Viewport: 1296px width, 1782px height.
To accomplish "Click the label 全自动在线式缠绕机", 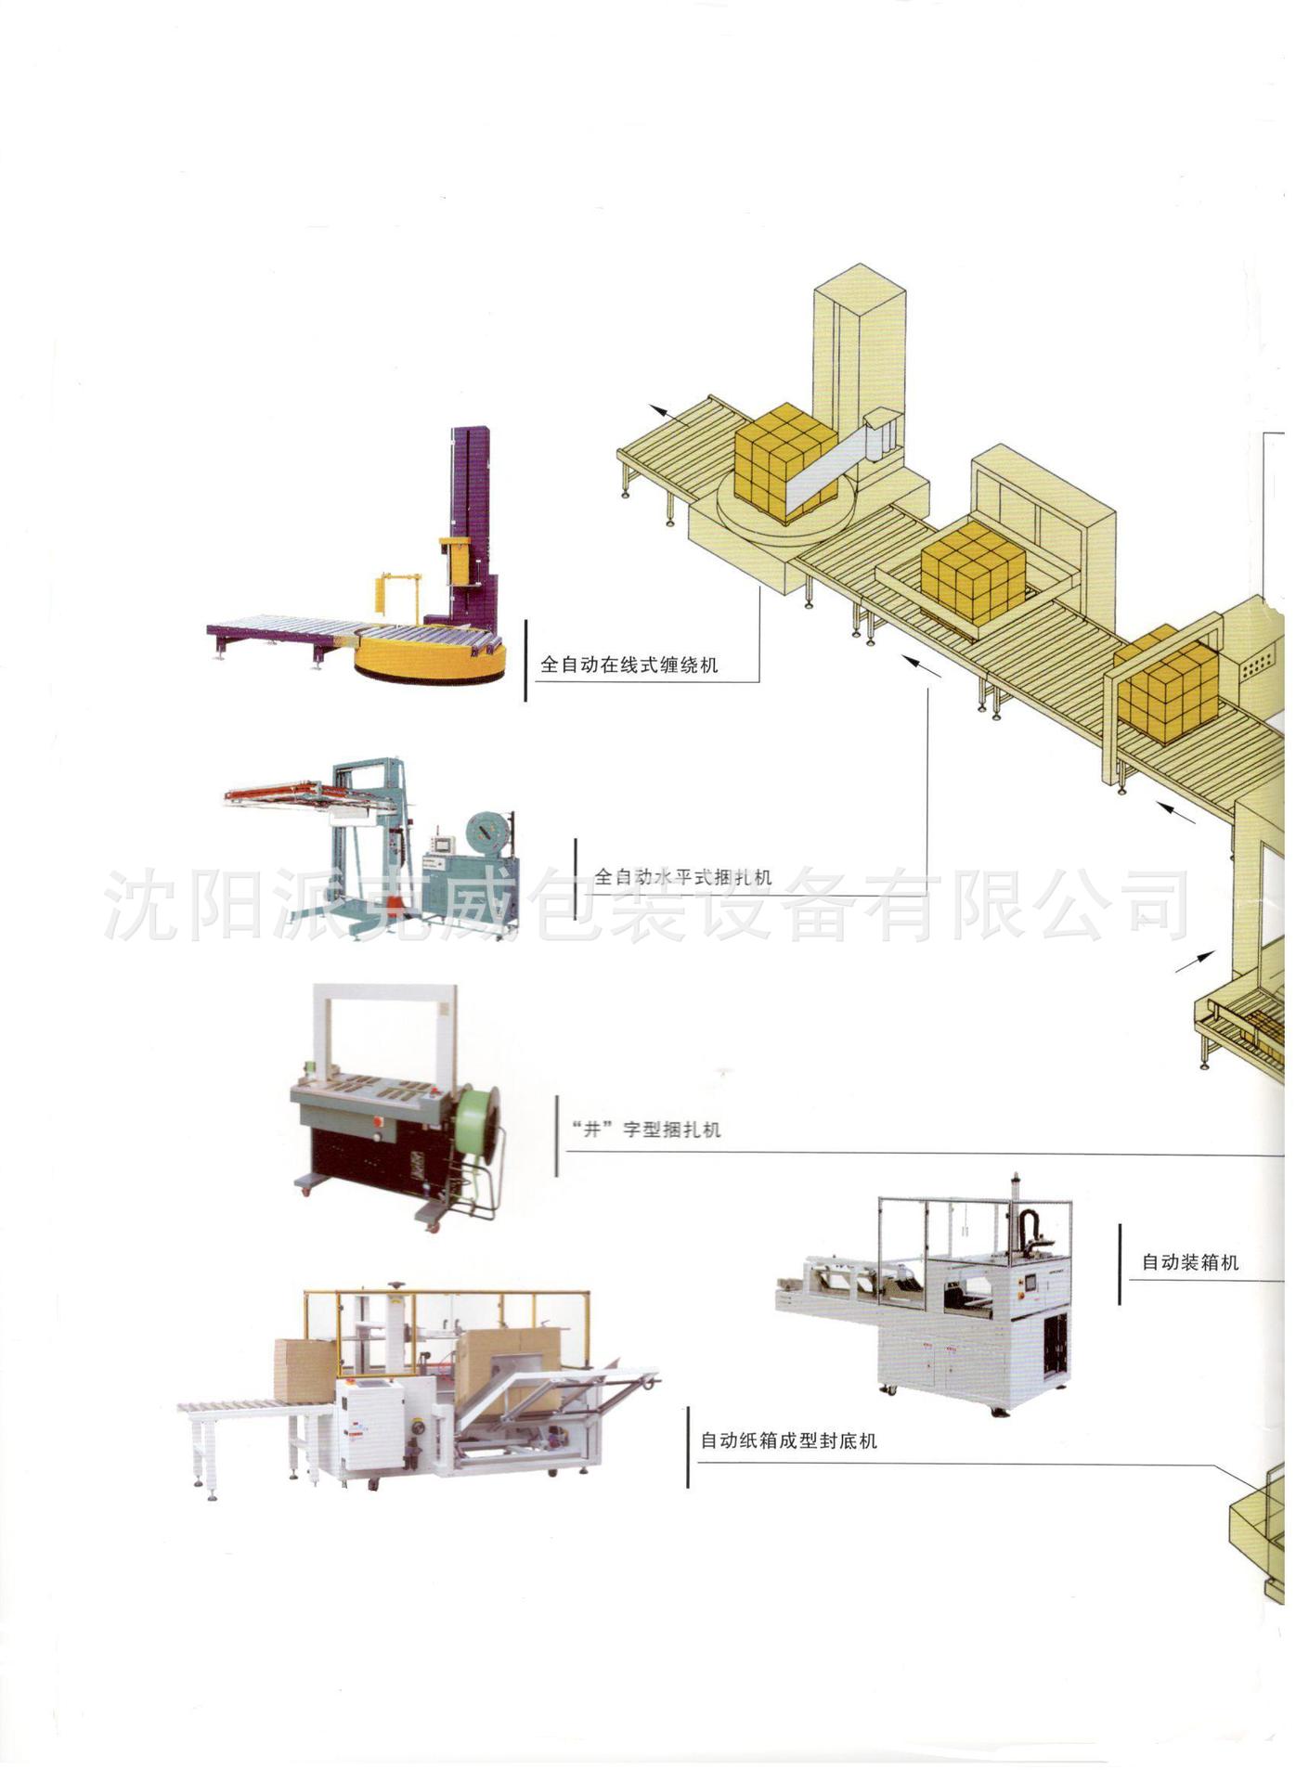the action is tap(629, 665).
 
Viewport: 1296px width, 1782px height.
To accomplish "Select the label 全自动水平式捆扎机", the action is tap(682, 876).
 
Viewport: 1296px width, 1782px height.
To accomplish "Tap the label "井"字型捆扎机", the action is tap(647, 1130).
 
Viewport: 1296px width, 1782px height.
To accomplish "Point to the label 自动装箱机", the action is tap(1190, 1262).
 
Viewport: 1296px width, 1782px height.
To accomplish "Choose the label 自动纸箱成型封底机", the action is tap(788, 1440).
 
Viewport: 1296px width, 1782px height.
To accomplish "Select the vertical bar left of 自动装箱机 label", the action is tap(1120, 1263).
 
